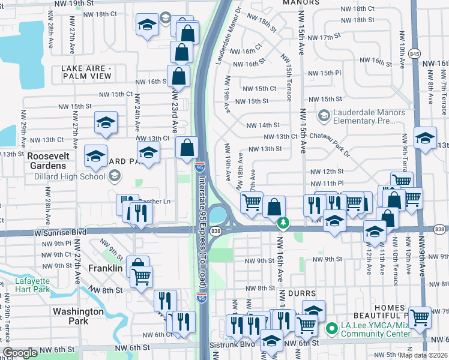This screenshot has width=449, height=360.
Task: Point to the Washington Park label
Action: click(x=78, y=316)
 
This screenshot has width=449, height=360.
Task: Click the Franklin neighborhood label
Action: click(x=105, y=268)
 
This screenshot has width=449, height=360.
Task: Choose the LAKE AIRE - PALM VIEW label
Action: click(x=86, y=73)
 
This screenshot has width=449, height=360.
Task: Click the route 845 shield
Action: click(x=414, y=53)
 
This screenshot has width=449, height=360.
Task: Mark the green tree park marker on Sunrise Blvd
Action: click(x=283, y=223)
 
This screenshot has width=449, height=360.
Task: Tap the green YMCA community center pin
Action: click(x=330, y=329)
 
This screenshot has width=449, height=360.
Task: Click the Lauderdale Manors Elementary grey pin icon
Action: click(x=324, y=115)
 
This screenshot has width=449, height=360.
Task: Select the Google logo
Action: click(x=20, y=353)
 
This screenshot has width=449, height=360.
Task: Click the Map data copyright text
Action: click(x=424, y=355)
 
